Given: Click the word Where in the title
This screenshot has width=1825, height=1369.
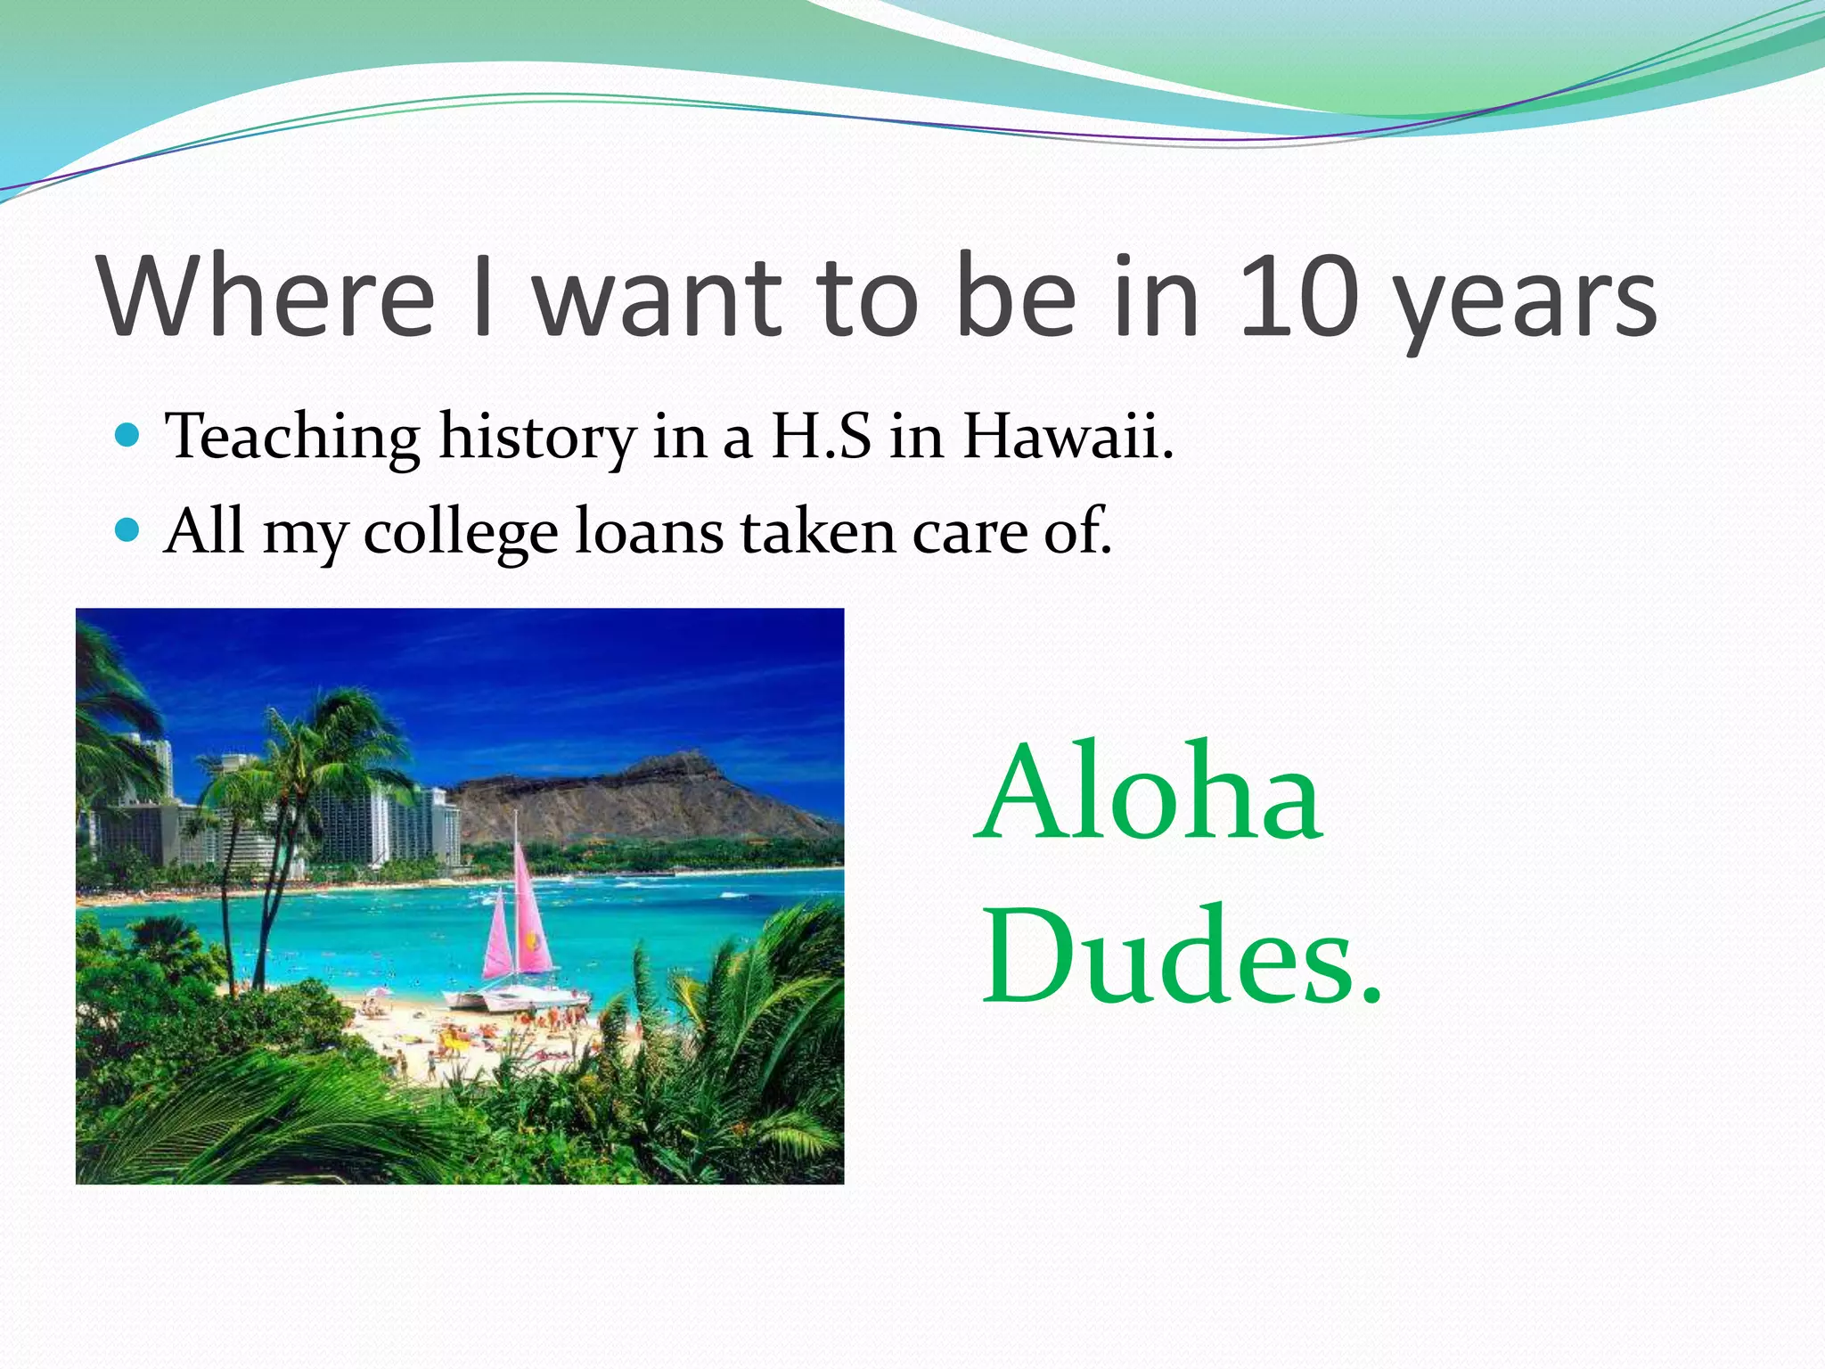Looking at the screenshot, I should click(x=267, y=296).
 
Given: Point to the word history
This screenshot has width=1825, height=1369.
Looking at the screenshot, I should click(x=537, y=439).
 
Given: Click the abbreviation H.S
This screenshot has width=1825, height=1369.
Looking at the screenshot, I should click(x=821, y=437).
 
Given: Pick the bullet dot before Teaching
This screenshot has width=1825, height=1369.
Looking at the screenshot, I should click(x=129, y=435).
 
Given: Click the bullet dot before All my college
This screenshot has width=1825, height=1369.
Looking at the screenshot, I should click(x=129, y=531).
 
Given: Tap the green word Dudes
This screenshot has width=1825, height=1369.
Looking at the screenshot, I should click(x=1181, y=955).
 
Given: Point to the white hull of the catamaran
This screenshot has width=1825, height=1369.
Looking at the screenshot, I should click(x=517, y=998).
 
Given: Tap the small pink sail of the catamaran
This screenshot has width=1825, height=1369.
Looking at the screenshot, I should click(x=497, y=940).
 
